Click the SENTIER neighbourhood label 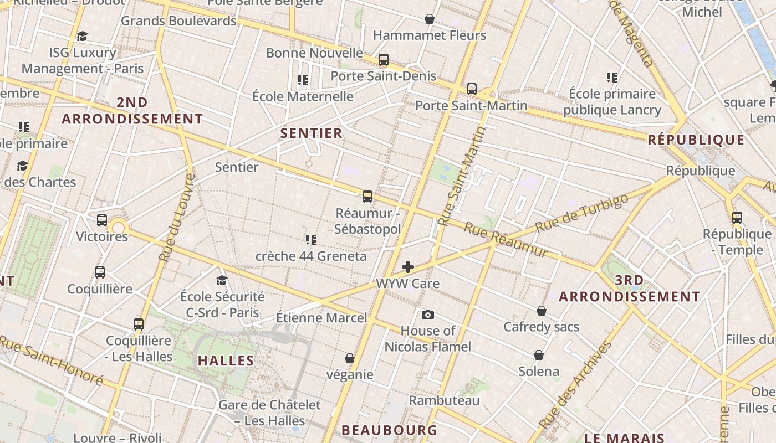click(x=311, y=133)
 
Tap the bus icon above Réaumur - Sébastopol click(x=367, y=197)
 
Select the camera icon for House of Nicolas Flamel click(x=427, y=315)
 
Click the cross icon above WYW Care click(x=408, y=267)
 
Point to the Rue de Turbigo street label click(x=582, y=213)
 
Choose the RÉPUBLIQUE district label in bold click(x=696, y=140)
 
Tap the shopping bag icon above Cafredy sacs click(x=541, y=311)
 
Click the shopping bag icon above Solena click(x=538, y=354)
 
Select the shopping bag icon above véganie click(x=349, y=358)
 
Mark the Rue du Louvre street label click(x=177, y=217)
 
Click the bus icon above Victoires click(x=102, y=220)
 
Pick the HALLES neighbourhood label click(x=226, y=360)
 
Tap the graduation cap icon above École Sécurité click(x=222, y=280)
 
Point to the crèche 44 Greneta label click(x=311, y=256)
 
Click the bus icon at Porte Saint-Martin click(x=471, y=89)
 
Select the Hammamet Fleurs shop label click(x=430, y=35)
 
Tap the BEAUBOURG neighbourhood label click(x=389, y=430)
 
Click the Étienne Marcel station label click(x=321, y=318)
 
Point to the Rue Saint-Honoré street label click(x=52, y=359)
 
